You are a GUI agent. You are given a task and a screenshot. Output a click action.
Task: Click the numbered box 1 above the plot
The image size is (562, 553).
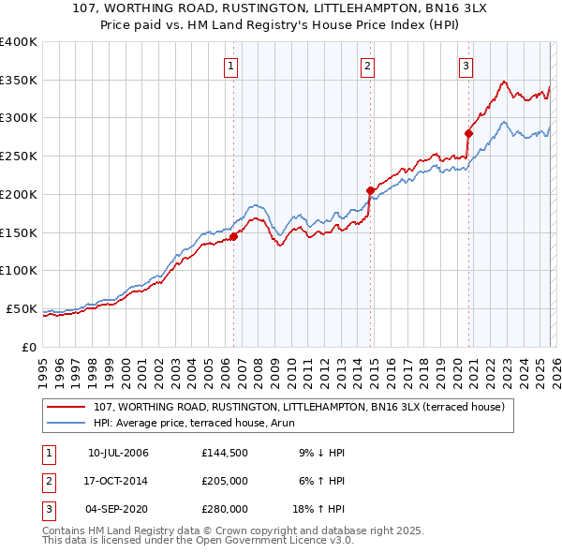pyautogui.click(x=230, y=66)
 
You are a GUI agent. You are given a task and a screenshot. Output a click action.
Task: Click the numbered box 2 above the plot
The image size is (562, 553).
pyautogui.click(x=367, y=66)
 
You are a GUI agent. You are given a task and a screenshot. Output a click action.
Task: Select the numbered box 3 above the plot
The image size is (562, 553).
pyautogui.click(x=466, y=66)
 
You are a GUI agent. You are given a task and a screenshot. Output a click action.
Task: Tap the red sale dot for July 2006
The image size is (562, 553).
pyautogui.click(x=233, y=237)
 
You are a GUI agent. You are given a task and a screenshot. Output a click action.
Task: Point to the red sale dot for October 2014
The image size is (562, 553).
pyautogui.click(x=370, y=190)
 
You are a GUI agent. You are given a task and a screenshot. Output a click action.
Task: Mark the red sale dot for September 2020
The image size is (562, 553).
pyautogui.click(x=468, y=133)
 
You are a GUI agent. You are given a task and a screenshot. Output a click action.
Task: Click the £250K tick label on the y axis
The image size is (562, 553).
pyautogui.click(x=19, y=157)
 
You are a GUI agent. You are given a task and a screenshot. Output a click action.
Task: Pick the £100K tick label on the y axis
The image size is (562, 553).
pyautogui.click(x=19, y=271)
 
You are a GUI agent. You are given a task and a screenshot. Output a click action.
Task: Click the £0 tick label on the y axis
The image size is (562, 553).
pyautogui.click(x=28, y=347)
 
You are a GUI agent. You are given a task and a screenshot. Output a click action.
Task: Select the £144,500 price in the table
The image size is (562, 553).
pyautogui.click(x=225, y=453)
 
